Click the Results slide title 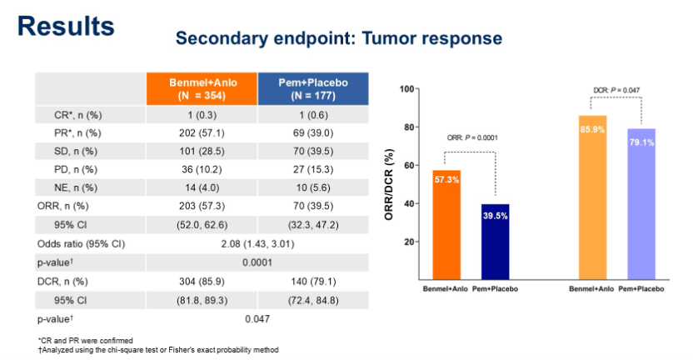tap(66, 26)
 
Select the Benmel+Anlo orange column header tap(201, 88)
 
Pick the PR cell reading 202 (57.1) tap(201, 132)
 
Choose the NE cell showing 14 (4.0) tap(201, 187)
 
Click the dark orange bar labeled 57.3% tap(446, 225)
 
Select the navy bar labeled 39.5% tap(496, 242)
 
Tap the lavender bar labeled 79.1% tap(641, 204)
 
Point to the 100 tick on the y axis tap(406, 89)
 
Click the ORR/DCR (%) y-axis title tap(389, 184)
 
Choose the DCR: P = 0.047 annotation tap(616, 89)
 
